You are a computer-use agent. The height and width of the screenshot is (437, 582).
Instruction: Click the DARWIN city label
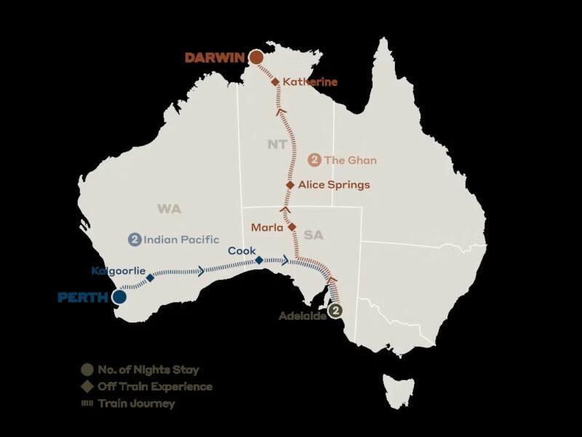pos(214,58)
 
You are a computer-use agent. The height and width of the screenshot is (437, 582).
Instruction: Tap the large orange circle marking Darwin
pos(256,57)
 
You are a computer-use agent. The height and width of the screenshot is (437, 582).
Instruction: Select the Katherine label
pos(311,82)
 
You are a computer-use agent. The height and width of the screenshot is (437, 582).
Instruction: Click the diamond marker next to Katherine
pos(276,82)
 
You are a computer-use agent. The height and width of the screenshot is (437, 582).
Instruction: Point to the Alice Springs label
pos(334,185)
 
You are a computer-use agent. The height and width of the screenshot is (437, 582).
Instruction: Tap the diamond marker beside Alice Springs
pos(290,185)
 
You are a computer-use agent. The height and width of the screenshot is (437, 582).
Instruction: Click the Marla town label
pos(267,228)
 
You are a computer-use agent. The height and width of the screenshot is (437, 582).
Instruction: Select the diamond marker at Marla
pos(292,227)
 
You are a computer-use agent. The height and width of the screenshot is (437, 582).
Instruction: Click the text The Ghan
pos(351,160)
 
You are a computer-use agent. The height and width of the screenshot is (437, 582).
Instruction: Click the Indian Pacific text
pos(171,239)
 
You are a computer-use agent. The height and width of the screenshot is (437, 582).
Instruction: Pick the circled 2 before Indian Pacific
pos(134,239)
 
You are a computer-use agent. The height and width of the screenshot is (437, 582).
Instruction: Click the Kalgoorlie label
pos(119,271)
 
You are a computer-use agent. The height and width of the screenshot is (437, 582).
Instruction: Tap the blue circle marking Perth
pos(119,296)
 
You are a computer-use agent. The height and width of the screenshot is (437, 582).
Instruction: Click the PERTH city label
pos(82,297)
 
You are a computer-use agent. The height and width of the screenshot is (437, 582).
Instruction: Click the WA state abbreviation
pos(169,209)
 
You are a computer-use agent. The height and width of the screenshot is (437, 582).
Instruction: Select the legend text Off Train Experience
pos(154,387)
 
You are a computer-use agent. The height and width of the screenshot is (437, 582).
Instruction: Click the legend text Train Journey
pos(136,403)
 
